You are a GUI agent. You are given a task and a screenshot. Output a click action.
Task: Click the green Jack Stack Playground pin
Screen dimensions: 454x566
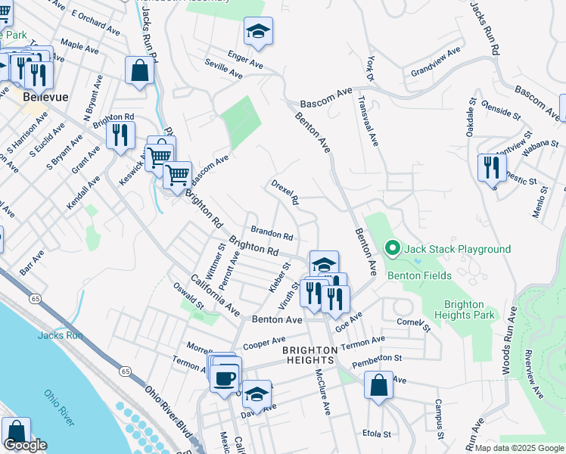pyautogui.click(x=392, y=248)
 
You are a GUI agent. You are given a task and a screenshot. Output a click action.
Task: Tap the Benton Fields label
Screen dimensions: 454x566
pyautogui.click(x=419, y=276)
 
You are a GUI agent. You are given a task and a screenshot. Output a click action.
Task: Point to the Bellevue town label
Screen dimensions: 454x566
pyautogui.click(x=45, y=98)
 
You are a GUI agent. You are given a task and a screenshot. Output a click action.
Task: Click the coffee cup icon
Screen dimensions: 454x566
pyautogui.click(x=225, y=376)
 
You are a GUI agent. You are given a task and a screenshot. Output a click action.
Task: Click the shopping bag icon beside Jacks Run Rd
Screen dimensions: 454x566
pyautogui.click(x=140, y=71)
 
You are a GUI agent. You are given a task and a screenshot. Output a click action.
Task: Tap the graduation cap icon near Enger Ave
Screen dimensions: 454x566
pyautogui.click(x=258, y=32)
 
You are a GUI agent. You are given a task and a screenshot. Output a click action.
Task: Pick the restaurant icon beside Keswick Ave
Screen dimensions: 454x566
pyautogui.click(x=120, y=135)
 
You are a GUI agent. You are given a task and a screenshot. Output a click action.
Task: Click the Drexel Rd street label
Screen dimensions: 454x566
pyautogui.click(x=286, y=192)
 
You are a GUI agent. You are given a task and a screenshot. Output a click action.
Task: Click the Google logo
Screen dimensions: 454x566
pyautogui.click(x=25, y=445)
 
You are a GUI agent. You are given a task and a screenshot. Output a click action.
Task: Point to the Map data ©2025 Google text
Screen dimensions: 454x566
pyautogui.click(x=519, y=448)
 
